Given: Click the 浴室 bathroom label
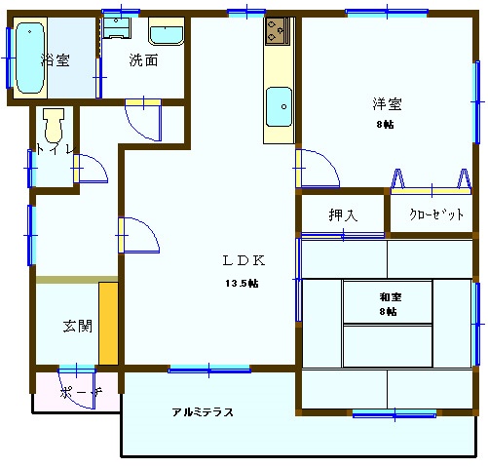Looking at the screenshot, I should (56, 60).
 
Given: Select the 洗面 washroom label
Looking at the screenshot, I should (144, 60).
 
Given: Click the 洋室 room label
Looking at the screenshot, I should (386, 104).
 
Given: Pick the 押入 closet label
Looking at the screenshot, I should (342, 215).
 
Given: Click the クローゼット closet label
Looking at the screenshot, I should (435, 215).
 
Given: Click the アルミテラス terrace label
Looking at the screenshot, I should (203, 412).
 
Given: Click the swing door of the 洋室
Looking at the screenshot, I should (318, 169).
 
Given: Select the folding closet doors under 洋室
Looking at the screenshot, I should (429, 178).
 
